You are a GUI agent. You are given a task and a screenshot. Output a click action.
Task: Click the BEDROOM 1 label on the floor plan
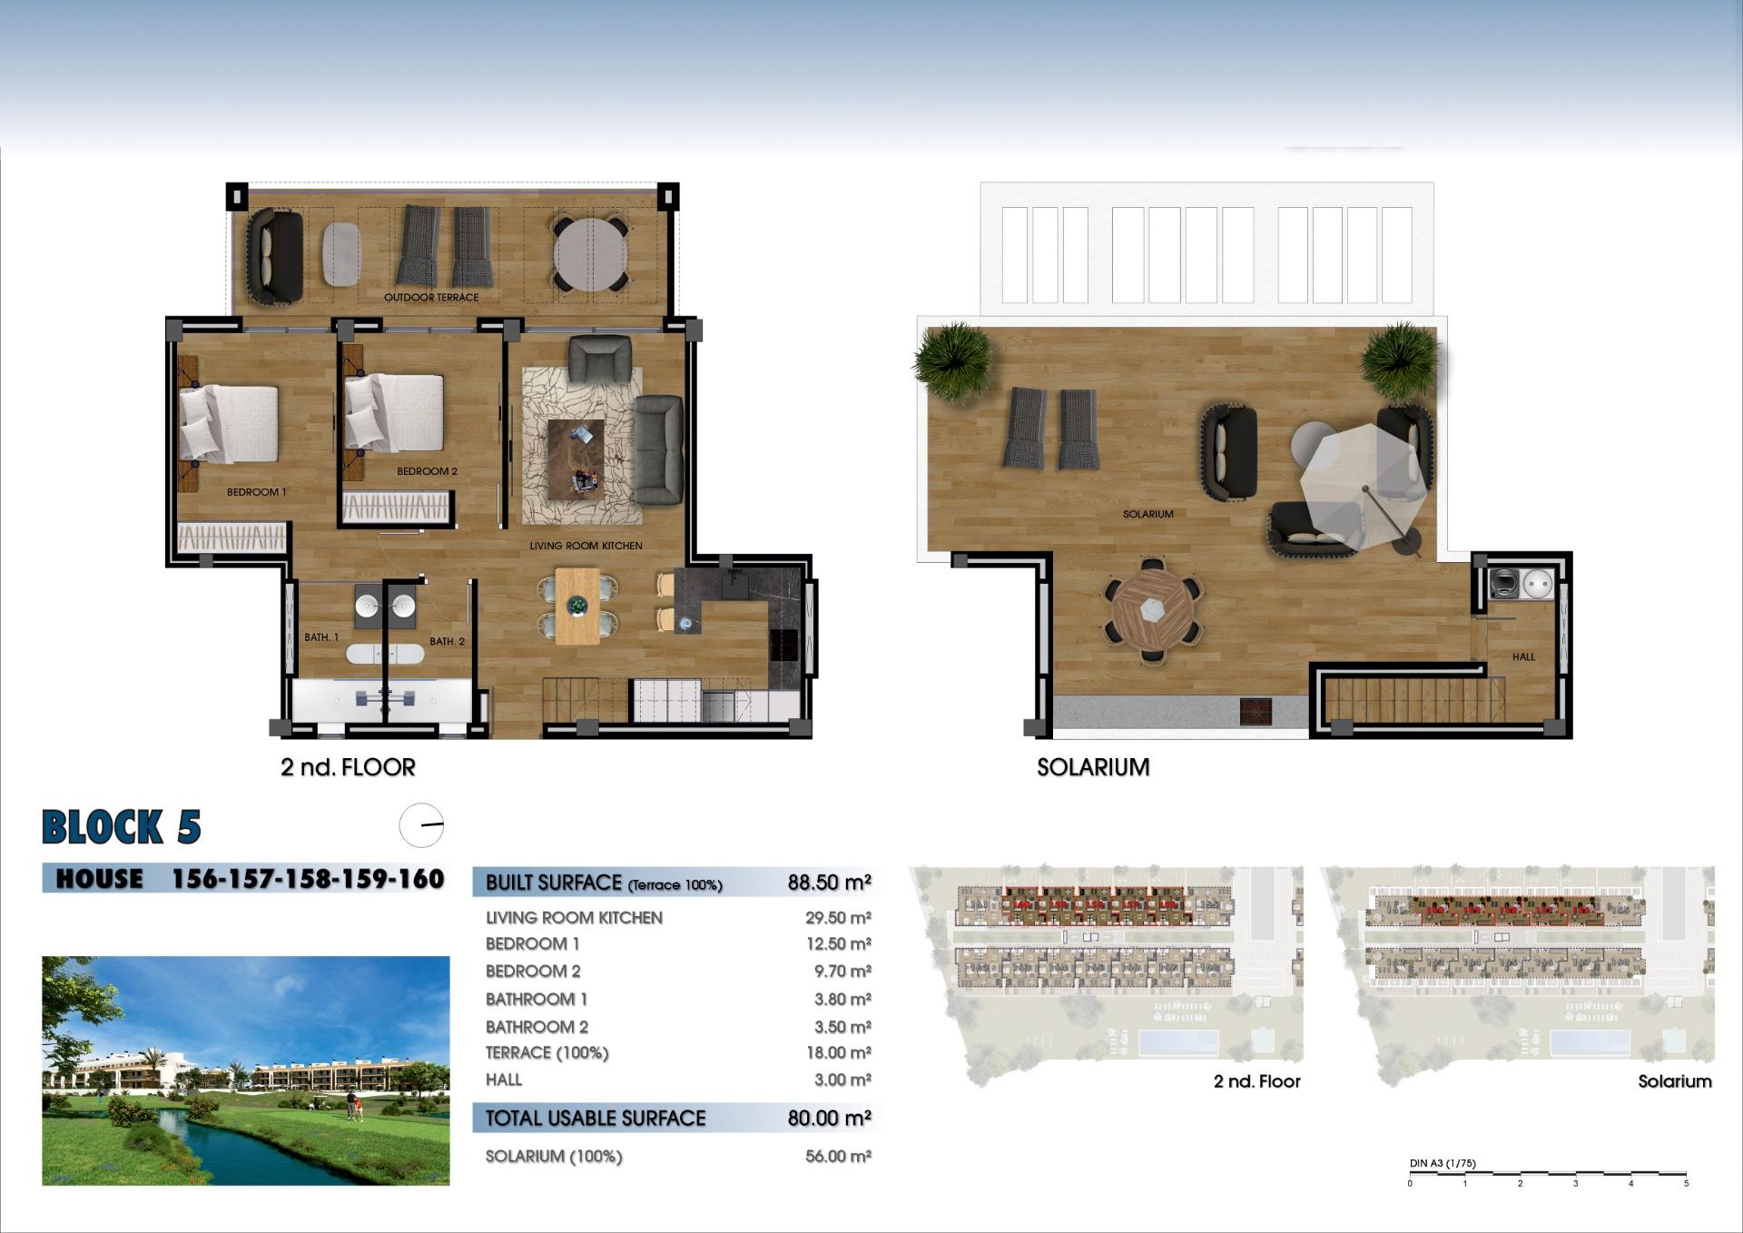[x=256, y=492]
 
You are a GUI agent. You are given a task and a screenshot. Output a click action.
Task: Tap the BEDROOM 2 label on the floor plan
[x=427, y=471]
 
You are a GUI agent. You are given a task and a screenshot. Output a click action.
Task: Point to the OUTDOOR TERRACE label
[x=430, y=297]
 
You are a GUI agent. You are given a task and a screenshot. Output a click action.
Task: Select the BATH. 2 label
[x=447, y=641]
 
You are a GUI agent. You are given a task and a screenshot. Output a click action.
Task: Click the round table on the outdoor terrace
[x=590, y=253]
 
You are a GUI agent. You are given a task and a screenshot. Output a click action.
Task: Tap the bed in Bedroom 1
[x=229, y=423]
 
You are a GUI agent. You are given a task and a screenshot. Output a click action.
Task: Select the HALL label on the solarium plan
[x=1523, y=656]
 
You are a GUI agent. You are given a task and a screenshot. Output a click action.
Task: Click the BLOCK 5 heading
[x=122, y=827]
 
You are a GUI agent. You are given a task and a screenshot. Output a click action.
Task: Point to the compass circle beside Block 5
[x=421, y=825]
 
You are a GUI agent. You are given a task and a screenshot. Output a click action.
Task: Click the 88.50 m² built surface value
[x=829, y=883]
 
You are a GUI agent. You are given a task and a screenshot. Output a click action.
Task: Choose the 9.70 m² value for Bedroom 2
[x=842, y=972]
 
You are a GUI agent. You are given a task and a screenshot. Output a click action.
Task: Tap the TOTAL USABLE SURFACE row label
[x=595, y=1118]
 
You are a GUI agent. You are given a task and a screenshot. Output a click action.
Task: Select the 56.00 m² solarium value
[x=837, y=1156]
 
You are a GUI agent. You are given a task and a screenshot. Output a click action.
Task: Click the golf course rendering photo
[x=245, y=1070]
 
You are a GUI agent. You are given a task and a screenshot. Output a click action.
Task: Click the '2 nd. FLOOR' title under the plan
[x=348, y=767]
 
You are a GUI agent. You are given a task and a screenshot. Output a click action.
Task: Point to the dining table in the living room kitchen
[x=577, y=606]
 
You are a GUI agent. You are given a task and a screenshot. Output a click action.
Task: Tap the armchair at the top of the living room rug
[x=599, y=359]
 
